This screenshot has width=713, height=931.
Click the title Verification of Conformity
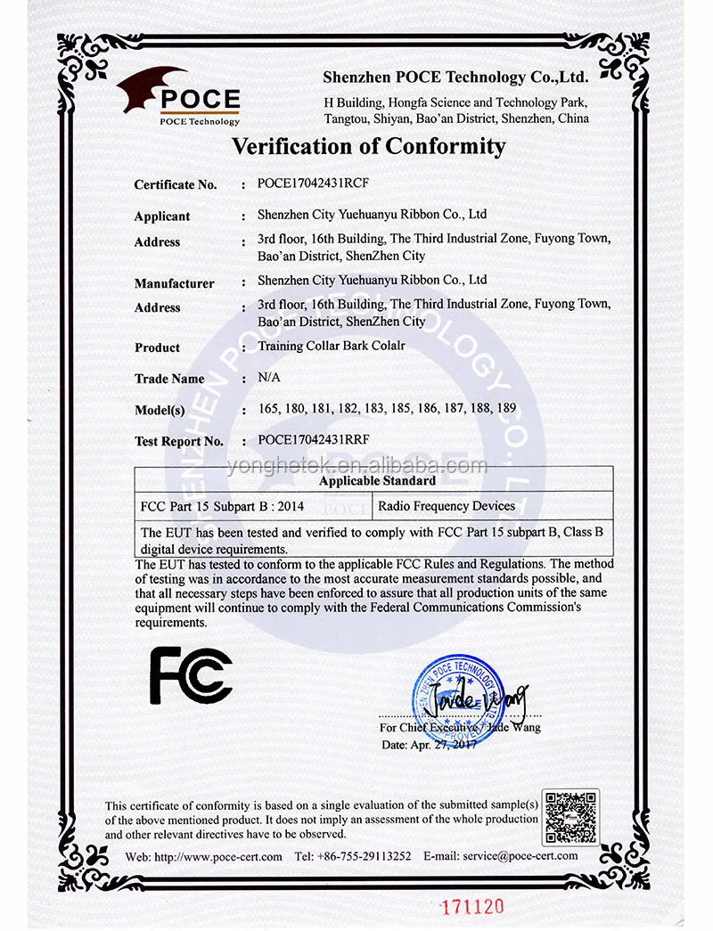(x=369, y=146)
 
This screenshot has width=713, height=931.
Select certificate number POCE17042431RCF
(x=313, y=184)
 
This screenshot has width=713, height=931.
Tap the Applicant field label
(x=162, y=216)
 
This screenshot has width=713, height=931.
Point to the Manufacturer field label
(x=174, y=283)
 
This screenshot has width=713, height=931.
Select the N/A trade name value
(x=268, y=378)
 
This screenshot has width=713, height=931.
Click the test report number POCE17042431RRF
(x=313, y=439)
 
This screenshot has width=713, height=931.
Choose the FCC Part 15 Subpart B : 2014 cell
(x=223, y=506)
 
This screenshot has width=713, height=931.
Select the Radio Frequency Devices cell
(x=447, y=506)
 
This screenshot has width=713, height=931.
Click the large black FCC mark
(x=191, y=674)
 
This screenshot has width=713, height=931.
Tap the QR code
(x=570, y=816)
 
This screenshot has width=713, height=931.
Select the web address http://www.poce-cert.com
(x=217, y=856)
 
